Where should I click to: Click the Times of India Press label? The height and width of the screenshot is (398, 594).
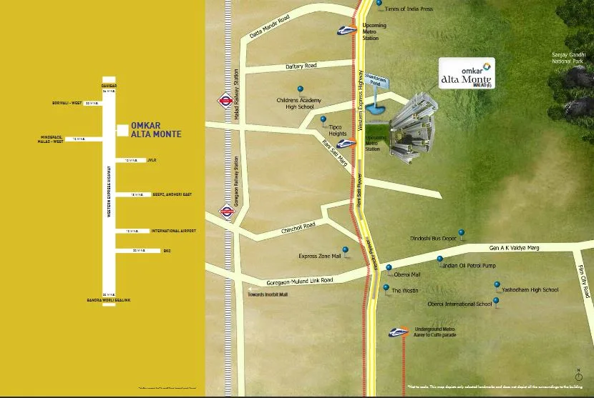click(x=409, y=9)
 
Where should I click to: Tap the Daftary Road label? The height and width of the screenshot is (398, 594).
click(x=301, y=65)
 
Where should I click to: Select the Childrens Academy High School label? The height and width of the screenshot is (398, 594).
click(x=301, y=104)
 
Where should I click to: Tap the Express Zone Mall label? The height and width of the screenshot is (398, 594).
click(x=319, y=256)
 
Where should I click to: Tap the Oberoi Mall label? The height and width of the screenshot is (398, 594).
click(x=407, y=274)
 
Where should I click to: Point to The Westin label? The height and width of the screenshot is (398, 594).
click(x=404, y=291)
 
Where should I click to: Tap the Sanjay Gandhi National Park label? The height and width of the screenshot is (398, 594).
click(x=568, y=58)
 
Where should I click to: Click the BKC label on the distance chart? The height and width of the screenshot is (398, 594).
click(x=167, y=251)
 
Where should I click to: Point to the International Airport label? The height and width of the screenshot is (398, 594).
click(x=173, y=232)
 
